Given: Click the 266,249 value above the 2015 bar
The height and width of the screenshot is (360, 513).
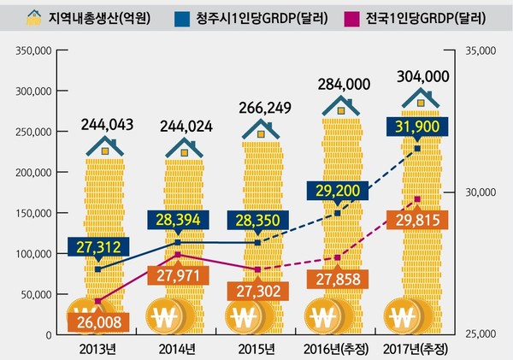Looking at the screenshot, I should (x=263, y=109).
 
